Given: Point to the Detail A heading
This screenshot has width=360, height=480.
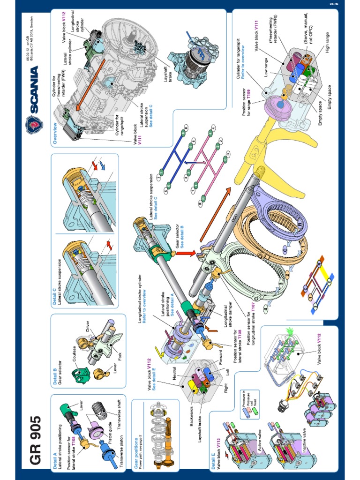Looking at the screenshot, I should click(x=55, y=457).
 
